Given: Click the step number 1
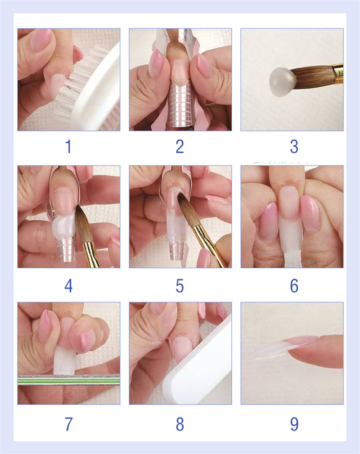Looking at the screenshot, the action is tap(68, 146).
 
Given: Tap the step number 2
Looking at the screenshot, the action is tap(180, 146).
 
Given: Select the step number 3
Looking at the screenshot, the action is tap(294, 146).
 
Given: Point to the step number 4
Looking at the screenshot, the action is tap(68, 286).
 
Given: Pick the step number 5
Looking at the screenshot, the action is tap(180, 286).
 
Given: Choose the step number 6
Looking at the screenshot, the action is tap(294, 286).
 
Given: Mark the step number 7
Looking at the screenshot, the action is tap(68, 424).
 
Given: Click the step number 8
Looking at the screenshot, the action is tap(180, 424).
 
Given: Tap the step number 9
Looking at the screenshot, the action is tap(294, 424).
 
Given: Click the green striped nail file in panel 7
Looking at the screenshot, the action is tap(69, 380).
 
